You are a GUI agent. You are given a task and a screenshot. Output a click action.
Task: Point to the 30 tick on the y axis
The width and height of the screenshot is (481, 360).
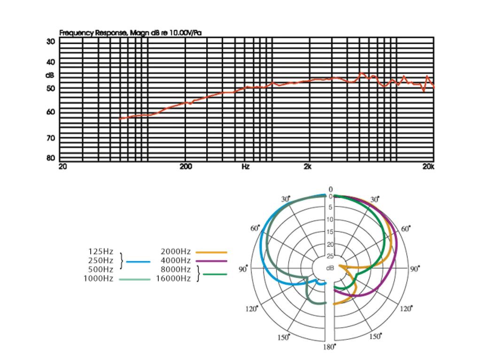point(50,41)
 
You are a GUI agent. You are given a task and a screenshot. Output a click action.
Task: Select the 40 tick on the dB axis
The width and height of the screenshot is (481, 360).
point(50,61)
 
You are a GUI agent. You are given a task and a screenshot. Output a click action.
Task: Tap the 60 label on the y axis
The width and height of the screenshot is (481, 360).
point(50,112)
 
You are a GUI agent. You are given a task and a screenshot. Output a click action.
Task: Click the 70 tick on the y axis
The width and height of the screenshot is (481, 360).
point(50,138)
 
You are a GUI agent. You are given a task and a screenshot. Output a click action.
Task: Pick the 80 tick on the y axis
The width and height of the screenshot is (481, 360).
point(50,158)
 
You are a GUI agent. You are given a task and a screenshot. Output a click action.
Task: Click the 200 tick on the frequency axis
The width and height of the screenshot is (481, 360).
point(186,166)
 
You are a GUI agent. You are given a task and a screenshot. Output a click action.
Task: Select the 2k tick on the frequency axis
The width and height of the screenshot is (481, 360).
point(308,166)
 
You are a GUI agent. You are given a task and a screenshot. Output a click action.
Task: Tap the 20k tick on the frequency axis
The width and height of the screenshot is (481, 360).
point(428,166)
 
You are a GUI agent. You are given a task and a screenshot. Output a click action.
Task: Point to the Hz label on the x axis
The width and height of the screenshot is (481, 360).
point(245,166)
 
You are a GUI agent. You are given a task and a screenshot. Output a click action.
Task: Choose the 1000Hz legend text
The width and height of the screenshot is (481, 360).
point(99,278)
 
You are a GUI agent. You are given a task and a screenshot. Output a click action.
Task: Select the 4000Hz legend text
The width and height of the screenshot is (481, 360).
point(176,260)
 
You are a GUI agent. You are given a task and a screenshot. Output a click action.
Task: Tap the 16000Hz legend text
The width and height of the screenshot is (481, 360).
point(173,278)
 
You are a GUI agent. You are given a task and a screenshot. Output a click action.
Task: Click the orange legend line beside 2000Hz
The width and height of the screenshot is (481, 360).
point(211,252)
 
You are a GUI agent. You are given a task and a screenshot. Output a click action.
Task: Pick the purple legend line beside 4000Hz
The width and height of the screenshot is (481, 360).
point(211,260)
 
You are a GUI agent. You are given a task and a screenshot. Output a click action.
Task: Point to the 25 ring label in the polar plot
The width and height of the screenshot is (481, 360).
point(330,256)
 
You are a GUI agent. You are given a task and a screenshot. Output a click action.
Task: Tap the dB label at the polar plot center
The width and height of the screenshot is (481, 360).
point(330,268)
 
